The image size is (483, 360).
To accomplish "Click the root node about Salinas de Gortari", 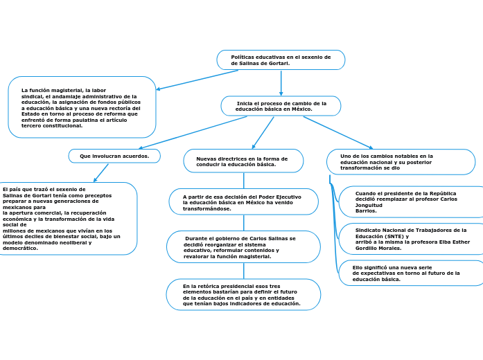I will pyautogui.click(x=281, y=60).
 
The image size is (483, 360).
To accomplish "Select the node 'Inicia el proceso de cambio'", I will pyautogui.click(x=281, y=106).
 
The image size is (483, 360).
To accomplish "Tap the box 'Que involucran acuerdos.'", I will pyautogui.click(x=114, y=156).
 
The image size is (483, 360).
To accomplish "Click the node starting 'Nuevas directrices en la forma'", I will pyautogui.click(x=243, y=161).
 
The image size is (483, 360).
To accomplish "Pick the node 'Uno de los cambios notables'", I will pyautogui.click(x=401, y=162).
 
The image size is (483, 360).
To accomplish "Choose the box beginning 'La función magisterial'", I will pyautogui.click(x=82, y=107).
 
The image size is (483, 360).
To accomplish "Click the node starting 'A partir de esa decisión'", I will pyautogui.click(x=243, y=202).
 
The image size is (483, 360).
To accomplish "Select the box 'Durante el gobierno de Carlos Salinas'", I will pyautogui.click(x=243, y=247).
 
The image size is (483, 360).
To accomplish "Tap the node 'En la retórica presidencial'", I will pyautogui.click(x=243, y=294).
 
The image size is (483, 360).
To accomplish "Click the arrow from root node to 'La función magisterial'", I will pyautogui.click(x=197, y=80).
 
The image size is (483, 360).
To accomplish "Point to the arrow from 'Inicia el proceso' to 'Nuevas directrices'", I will pyautogui.click(x=263, y=132).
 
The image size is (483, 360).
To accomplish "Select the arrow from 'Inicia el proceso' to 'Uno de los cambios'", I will pyautogui.click(x=338, y=132).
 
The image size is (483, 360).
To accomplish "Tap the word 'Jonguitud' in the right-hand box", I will pyautogui.click(x=369, y=205).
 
